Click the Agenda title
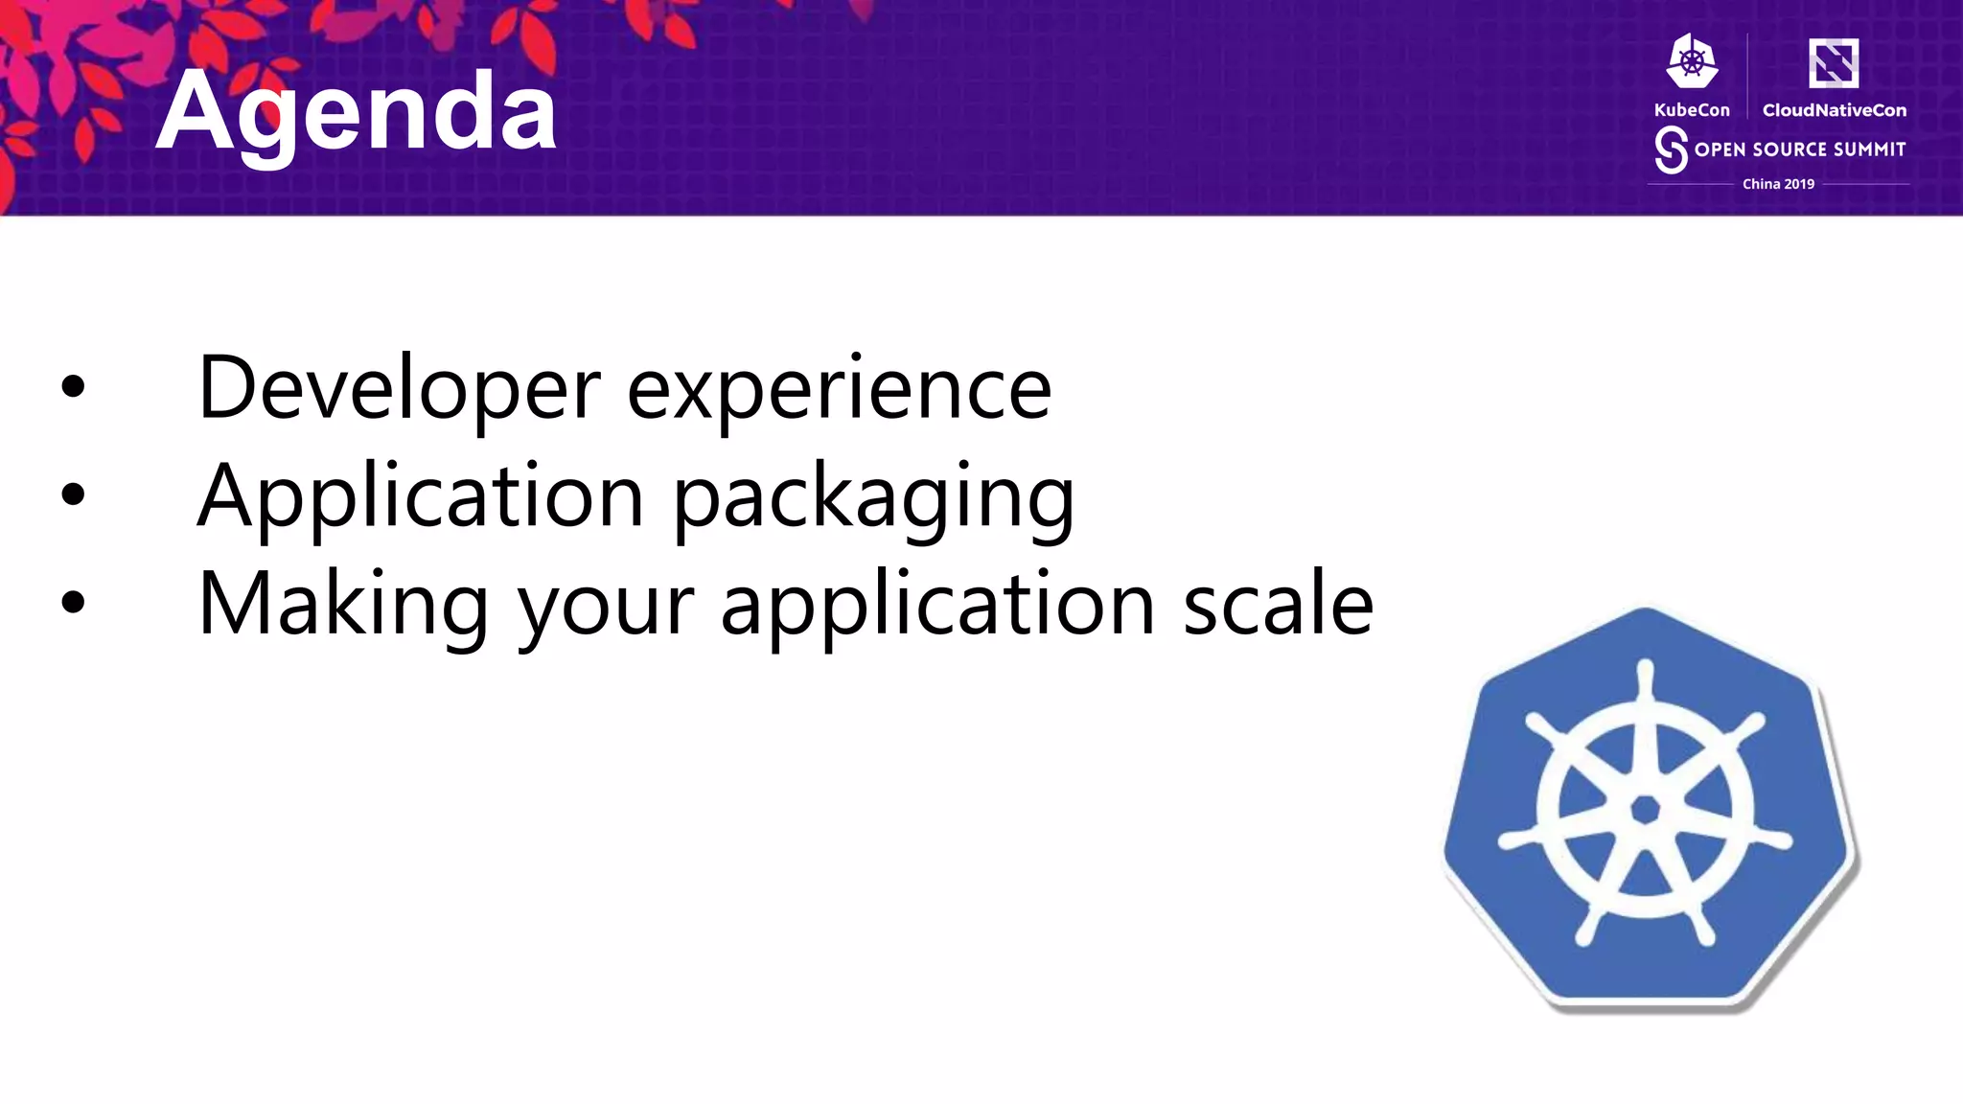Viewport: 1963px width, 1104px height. point(356,112)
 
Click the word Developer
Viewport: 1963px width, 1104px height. point(398,388)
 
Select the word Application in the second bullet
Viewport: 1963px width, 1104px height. point(420,496)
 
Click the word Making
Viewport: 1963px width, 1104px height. point(343,605)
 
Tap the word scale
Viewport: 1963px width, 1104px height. point(1278,604)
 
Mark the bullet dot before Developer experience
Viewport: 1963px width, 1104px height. point(73,387)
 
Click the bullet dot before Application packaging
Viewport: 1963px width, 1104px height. point(73,494)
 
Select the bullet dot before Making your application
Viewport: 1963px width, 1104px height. point(73,603)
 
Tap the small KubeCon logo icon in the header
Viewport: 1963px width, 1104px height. point(1692,61)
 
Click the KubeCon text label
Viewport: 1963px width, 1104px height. point(1692,110)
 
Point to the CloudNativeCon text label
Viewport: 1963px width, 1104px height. point(1834,110)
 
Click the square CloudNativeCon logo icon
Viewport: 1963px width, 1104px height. point(1833,63)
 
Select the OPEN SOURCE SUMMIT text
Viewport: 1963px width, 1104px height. point(1799,149)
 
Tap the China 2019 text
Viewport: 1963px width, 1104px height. point(1778,184)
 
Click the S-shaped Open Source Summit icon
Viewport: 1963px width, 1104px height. point(1671,150)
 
